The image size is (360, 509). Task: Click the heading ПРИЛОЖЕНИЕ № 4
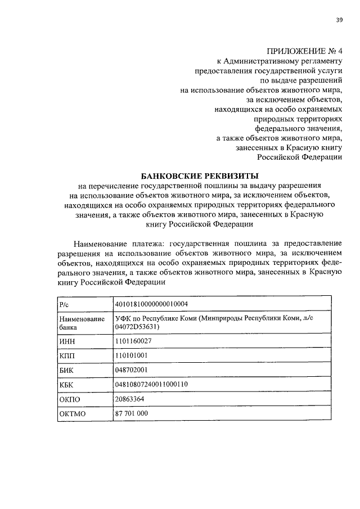point(304,51)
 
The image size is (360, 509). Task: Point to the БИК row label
point(67,371)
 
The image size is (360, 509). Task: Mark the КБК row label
point(67,385)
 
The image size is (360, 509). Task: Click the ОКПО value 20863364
point(129,399)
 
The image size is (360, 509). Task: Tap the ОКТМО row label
point(71,415)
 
